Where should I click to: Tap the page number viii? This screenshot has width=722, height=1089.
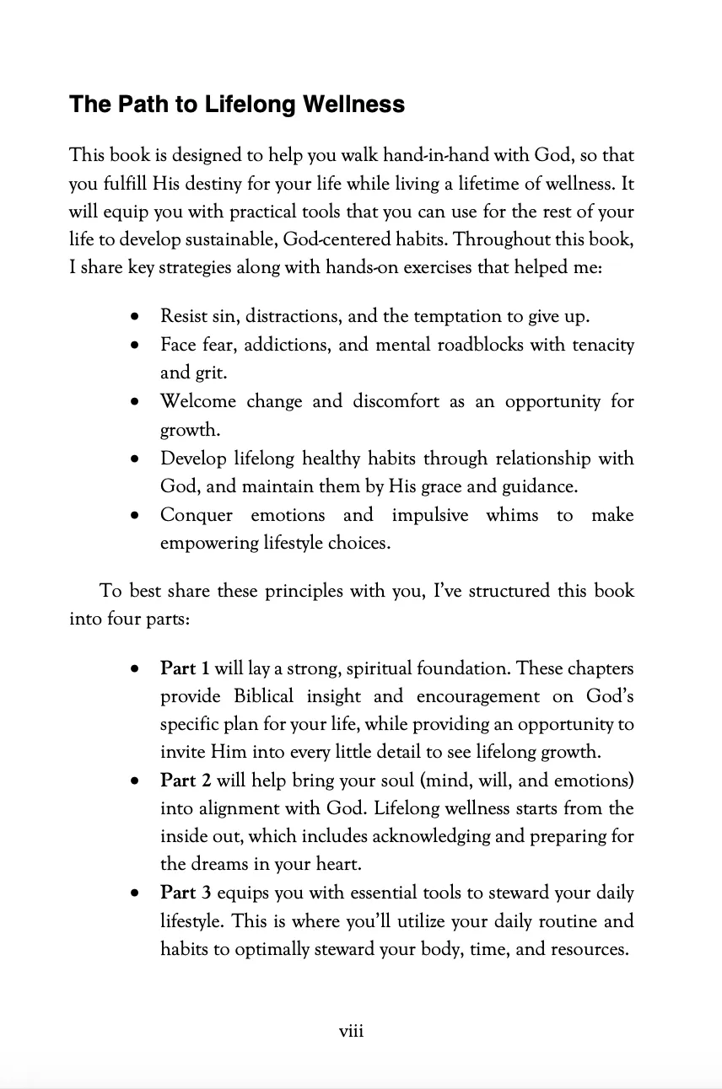[351, 1030]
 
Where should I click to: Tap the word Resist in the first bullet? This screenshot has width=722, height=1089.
[183, 317]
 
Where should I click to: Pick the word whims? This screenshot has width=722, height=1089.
[512, 515]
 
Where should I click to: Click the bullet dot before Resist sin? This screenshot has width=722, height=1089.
[135, 318]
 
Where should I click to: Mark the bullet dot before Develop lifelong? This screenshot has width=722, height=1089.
[135, 459]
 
